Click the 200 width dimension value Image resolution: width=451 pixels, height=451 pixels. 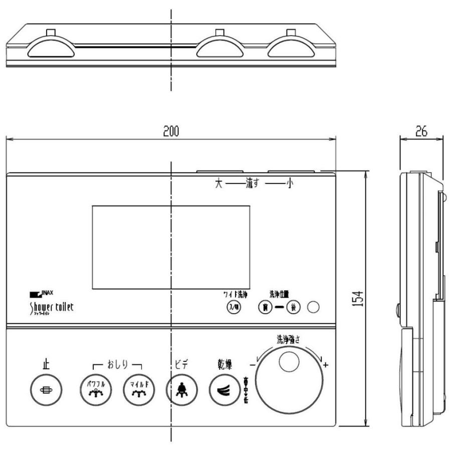171,131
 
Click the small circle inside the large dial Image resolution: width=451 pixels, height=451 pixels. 289,362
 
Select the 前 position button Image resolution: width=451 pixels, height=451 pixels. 264,307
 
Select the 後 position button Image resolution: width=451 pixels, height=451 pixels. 293,307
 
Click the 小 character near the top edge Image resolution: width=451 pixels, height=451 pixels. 289,184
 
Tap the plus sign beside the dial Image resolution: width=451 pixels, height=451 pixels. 326,365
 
